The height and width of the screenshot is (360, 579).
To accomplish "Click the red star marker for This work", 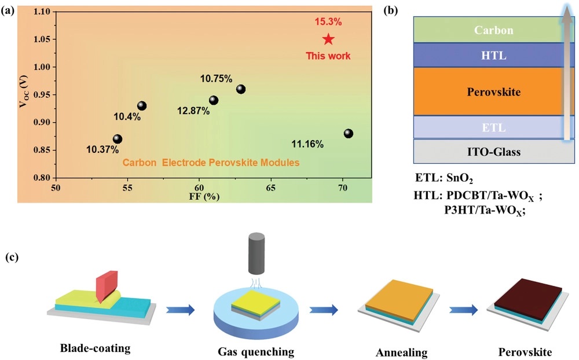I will [328, 39].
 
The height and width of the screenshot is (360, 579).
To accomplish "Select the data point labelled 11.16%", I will [348, 134].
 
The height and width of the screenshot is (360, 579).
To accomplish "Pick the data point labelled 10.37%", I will [118, 139].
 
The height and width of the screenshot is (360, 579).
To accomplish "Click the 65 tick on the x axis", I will [270, 188].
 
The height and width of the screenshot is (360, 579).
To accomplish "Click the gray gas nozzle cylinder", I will [256, 253].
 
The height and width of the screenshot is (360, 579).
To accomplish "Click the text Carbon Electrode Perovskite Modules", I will [211, 163].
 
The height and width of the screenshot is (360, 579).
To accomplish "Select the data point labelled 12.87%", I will [214, 100].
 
